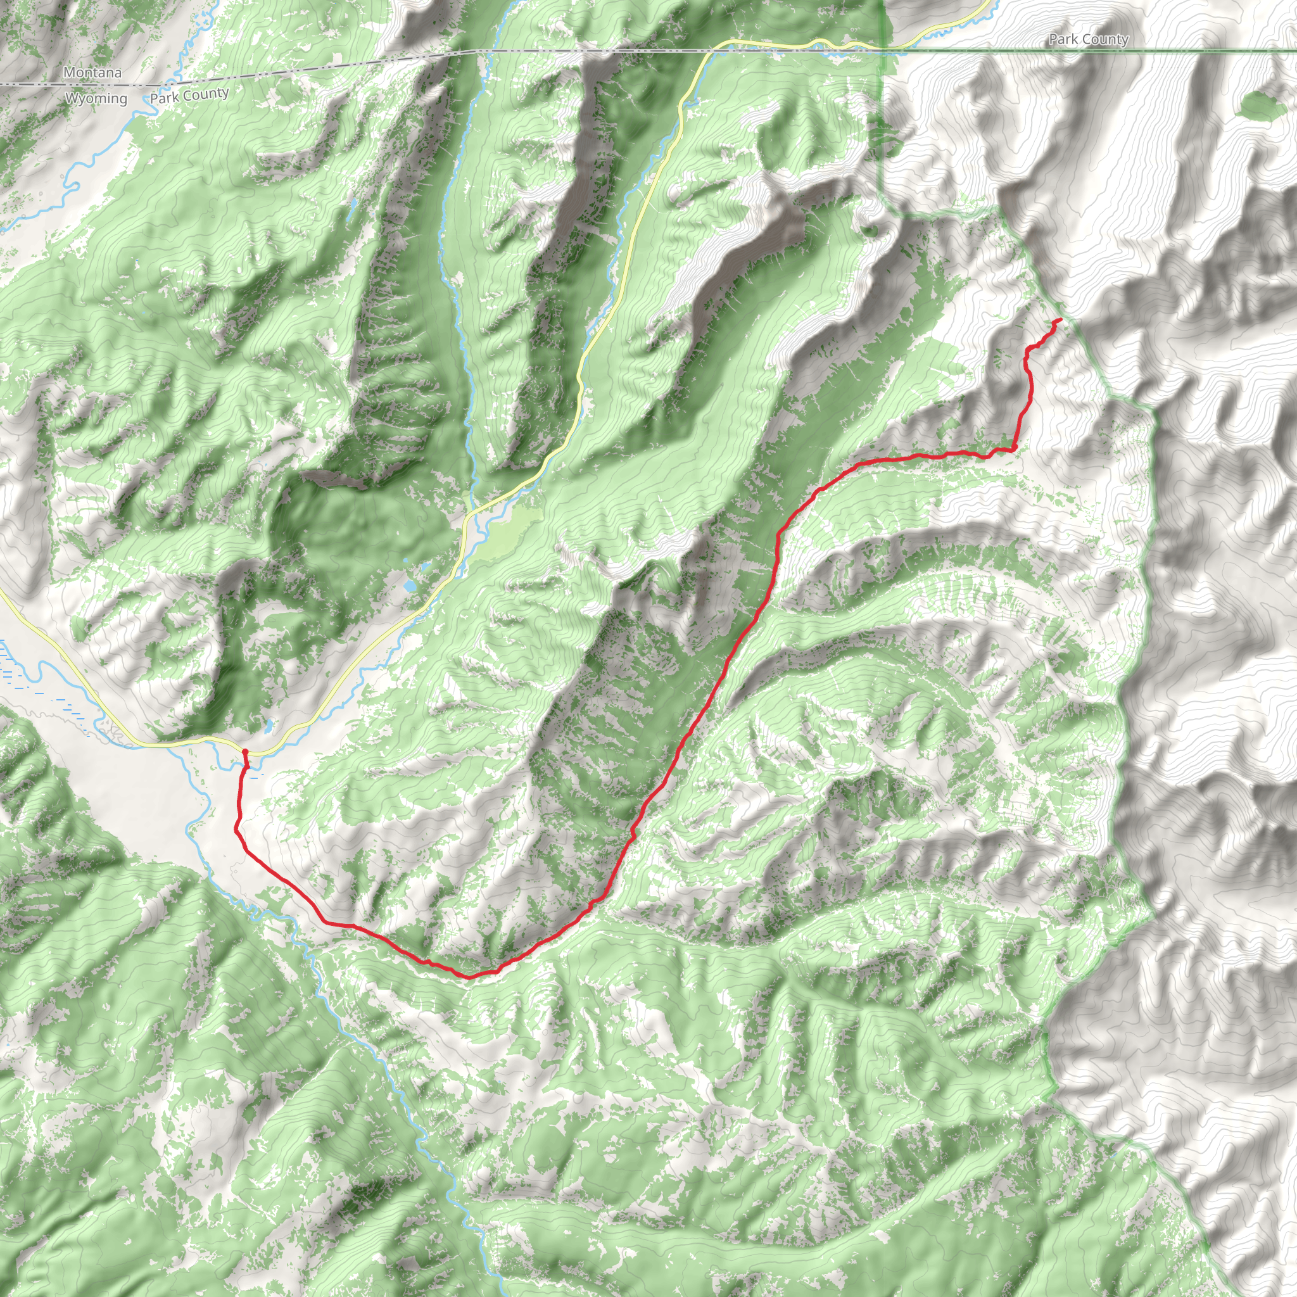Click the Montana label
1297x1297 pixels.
[92, 72]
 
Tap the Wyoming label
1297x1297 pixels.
[96, 99]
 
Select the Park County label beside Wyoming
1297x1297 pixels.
[189, 96]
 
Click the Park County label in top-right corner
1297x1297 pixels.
[1088, 40]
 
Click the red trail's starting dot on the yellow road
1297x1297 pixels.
[245, 752]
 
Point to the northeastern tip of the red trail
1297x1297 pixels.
[1060, 320]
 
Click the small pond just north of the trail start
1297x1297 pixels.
[269, 726]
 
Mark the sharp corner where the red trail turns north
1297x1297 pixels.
[1014, 448]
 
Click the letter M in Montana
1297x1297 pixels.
[69, 72]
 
